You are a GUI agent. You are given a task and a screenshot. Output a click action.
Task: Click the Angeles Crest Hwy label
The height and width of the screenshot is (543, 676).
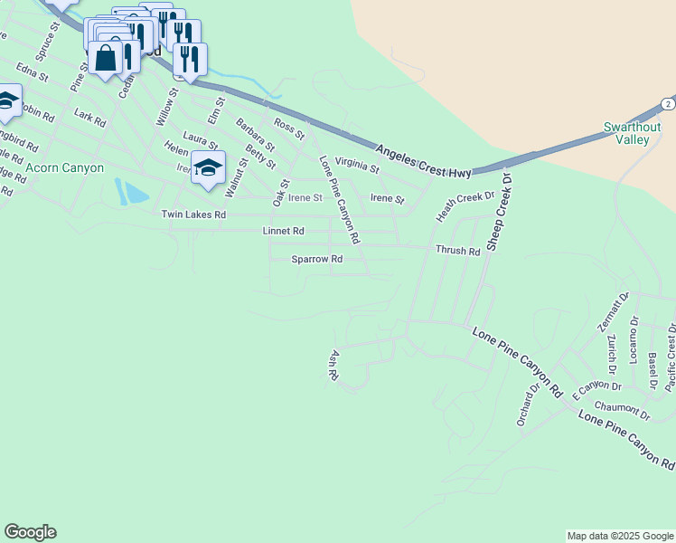tap(423, 160)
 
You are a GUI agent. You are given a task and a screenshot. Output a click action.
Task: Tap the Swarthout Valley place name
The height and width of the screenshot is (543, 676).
tap(633, 133)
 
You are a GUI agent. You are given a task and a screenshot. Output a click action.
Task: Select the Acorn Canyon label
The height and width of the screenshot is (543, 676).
tap(64, 168)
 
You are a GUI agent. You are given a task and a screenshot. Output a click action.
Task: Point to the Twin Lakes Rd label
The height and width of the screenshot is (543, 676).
tap(192, 214)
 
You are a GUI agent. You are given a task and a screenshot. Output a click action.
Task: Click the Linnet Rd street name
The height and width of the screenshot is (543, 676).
tap(283, 232)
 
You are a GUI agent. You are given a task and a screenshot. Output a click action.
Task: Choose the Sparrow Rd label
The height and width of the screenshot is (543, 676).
tap(316, 259)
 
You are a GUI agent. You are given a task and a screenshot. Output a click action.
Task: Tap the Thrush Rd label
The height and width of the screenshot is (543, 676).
tap(457, 251)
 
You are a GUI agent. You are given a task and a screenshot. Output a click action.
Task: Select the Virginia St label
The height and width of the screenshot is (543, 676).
tap(357, 164)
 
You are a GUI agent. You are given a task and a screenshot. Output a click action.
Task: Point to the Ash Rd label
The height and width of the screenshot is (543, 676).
tap(333, 364)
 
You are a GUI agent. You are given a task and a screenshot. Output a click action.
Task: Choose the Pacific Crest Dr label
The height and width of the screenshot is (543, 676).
tap(670, 357)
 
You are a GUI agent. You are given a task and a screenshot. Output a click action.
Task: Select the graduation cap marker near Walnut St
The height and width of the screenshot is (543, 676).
tap(209, 169)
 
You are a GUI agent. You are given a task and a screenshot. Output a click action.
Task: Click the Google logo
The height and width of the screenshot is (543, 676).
tap(30, 532)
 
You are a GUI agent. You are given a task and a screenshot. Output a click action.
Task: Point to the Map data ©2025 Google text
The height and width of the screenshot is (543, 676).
tap(619, 536)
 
